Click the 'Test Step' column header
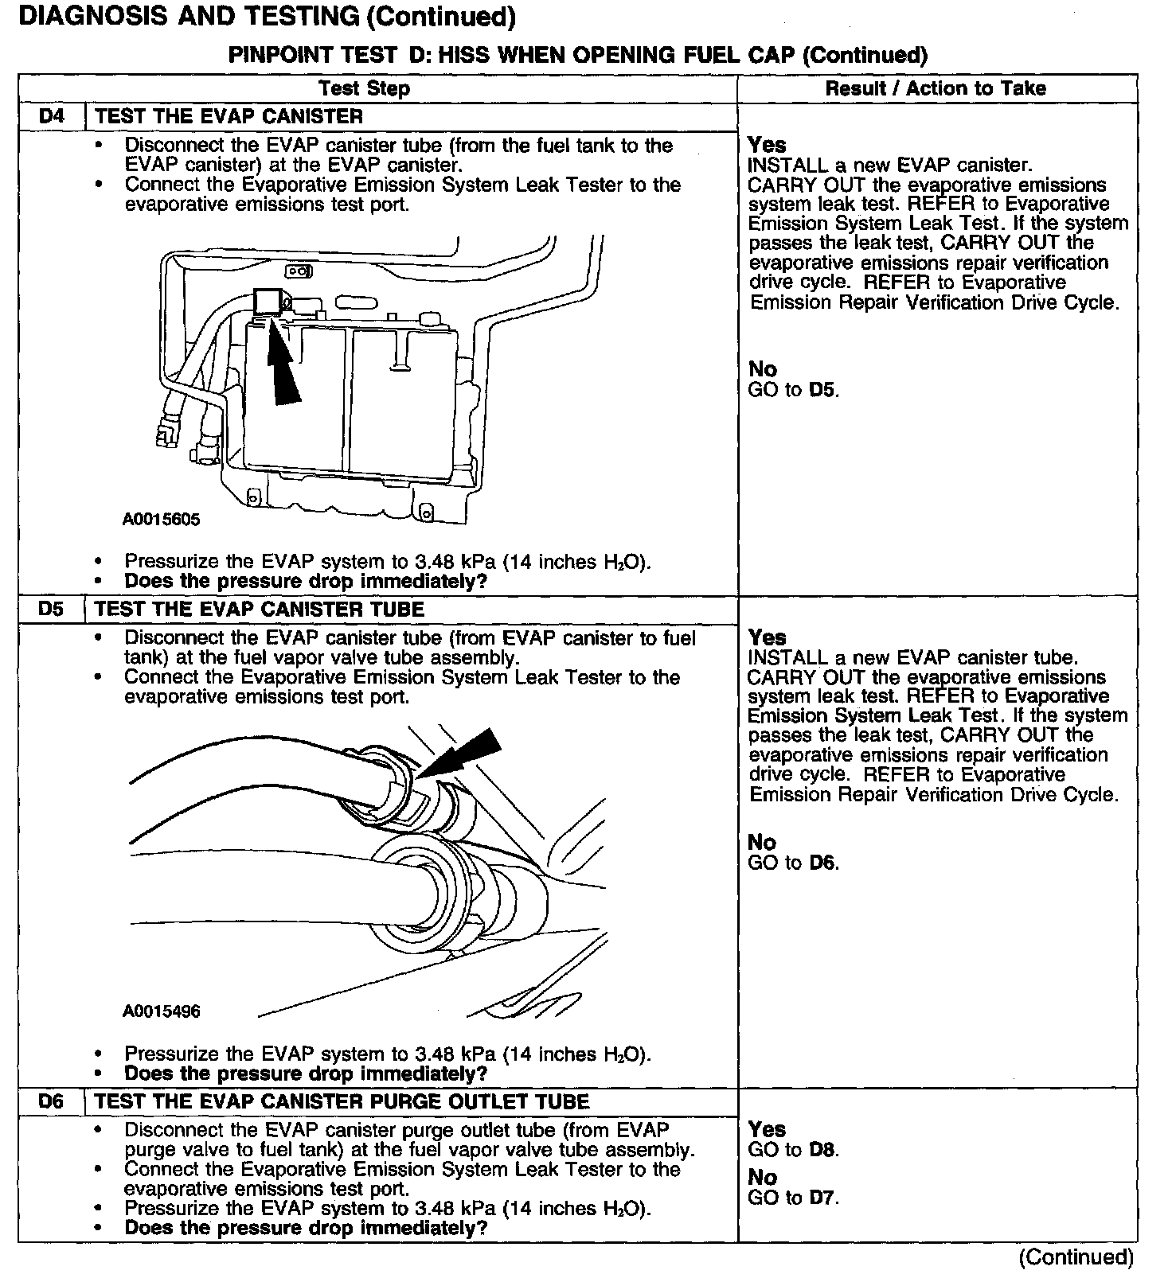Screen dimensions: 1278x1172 pyautogui.click(x=364, y=88)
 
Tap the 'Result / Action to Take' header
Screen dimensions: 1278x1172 pyautogui.click(x=935, y=88)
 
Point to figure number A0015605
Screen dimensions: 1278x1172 pyautogui.click(x=161, y=520)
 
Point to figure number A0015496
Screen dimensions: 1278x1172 pyautogui.click(x=161, y=1011)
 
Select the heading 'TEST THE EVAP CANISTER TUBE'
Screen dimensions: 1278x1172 pyautogui.click(x=260, y=610)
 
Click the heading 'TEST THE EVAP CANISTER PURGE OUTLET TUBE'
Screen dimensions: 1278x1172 pyautogui.click(x=342, y=1101)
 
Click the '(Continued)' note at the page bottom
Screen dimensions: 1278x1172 pyautogui.click(x=1075, y=1257)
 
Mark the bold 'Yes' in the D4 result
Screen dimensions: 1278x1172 pyautogui.click(x=767, y=145)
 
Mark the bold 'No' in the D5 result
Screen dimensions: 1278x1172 pyautogui.click(x=762, y=842)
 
